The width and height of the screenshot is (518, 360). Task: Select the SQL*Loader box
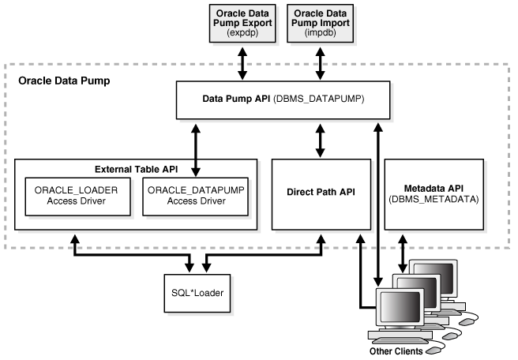pos(198,292)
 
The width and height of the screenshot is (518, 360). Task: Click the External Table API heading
pos(136,167)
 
